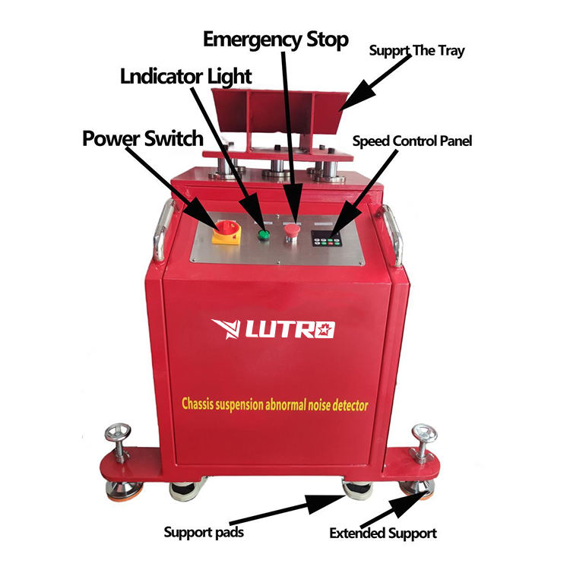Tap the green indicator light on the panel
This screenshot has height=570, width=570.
[264, 234]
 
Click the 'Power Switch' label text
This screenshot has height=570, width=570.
[143, 138]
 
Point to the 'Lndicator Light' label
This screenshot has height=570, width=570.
[186, 76]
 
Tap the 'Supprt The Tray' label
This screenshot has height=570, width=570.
[416, 52]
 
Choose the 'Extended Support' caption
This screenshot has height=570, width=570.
[383, 534]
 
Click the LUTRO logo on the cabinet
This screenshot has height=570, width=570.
[276, 329]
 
